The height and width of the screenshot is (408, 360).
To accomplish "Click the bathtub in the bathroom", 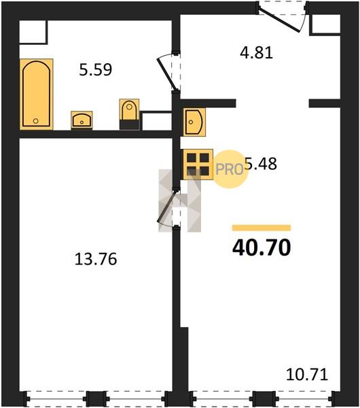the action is pyautogui.click(x=37, y=95).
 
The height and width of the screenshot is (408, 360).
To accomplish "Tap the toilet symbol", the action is pyautogui.click(x=129, y=114).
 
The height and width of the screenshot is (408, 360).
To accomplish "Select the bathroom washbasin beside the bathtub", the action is pyautogui.click(x=82, y=120).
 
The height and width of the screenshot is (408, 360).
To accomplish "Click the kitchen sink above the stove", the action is pyautogui.click(x=194, y=122).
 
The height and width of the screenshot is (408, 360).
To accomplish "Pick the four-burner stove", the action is pyautogui.click(x=198, y=164).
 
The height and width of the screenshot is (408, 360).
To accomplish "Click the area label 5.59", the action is pyautogui.click(x=96, y=70).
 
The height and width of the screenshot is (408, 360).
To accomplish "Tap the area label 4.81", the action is pyautogui.click(x=256, y=52).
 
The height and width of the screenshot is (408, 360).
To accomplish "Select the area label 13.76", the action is pyautogui.click(x=96, y=260).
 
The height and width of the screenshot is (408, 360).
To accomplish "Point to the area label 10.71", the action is pyautogui.click(x=307, y=375).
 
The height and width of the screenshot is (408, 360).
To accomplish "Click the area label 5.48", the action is pyautogui.click(x=262, y=164).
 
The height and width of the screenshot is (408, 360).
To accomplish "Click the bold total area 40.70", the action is pyautogui.click(x=262, y=248).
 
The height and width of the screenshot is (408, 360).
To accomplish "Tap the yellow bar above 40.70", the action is pyautogui.click(x=262, y=228).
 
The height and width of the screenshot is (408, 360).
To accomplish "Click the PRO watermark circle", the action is pyautogui.click(x=230, y=169).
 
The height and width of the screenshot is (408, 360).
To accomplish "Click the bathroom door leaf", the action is pyautogui.click(x=167, y=73).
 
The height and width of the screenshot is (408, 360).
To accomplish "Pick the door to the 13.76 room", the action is pyautogui.click(x=168, y=207).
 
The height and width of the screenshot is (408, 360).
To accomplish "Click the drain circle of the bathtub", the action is pyautogui.click(x=36, y=121).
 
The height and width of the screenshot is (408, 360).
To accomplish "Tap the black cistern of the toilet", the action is pyautogui.click(x=129, y=125).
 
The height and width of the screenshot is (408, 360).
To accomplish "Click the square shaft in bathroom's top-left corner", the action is pyautogui.click(x=33, y=32).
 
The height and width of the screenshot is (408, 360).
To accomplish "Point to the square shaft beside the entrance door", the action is pyautogui.click(x=325, y=24).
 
